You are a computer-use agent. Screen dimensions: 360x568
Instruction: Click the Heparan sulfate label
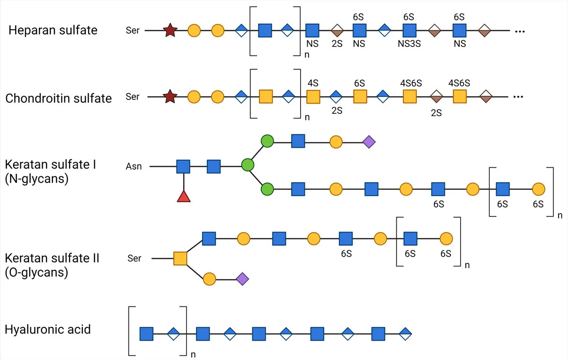(x=53, y=30)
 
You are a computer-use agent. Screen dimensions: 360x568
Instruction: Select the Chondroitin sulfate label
(x=59, y=98)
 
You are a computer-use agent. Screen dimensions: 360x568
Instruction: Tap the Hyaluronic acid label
(x=47, y=329)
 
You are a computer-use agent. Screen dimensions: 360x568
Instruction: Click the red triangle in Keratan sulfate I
(x=184, y=196)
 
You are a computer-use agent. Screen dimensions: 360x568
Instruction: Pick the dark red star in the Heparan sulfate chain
(x=169, y=31)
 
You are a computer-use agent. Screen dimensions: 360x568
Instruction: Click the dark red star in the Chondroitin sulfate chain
(x=169, y=97)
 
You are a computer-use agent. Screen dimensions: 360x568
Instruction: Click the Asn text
(x=133, y=166)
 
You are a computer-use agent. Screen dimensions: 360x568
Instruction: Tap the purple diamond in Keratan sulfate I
(x=369, y=141)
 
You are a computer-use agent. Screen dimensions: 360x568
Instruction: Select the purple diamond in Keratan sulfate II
(x=242, y=279)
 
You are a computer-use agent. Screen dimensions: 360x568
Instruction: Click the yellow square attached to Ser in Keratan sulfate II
(x=180, y=259)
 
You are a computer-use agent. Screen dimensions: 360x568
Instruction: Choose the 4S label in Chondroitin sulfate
(x=313, y=83)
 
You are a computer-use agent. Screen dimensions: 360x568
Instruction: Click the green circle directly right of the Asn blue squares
(x=248, y=165)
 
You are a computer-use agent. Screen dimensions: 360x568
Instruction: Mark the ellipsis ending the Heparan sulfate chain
(x=520, y=31)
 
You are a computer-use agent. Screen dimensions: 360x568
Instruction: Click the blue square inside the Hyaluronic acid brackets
(x=146, y=334)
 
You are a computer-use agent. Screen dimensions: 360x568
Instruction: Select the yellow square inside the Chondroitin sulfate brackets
(x=266, y=97)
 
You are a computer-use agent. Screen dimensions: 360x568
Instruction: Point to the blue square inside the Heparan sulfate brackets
(x=265, y=31)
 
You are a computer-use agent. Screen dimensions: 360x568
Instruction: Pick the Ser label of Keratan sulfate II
(x=134, y=259)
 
